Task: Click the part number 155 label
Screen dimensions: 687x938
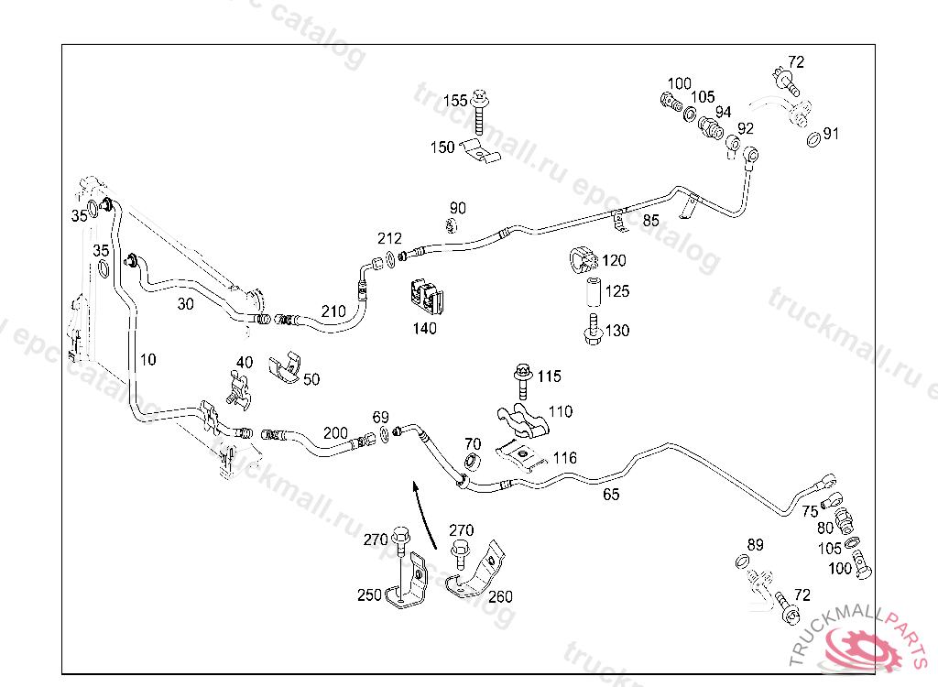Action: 455,100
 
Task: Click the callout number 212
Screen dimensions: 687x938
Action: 389,238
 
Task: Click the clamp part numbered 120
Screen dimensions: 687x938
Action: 583,260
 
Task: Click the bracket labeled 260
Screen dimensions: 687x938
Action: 475,572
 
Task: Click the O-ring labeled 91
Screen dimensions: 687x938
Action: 813,139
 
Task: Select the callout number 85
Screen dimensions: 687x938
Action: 650,220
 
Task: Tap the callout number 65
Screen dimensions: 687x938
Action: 611,495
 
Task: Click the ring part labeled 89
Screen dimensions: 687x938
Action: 743,561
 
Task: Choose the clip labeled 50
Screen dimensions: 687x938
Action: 286,365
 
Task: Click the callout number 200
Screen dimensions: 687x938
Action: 335,432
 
